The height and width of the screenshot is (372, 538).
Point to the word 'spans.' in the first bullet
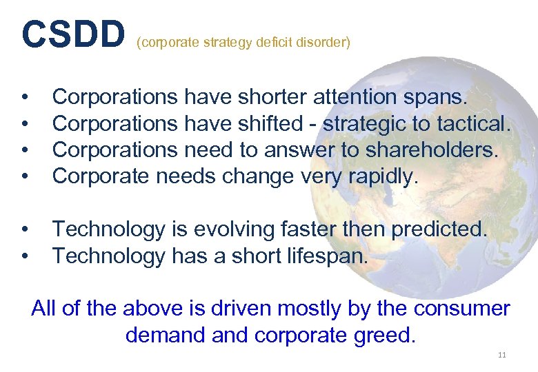(438, 98)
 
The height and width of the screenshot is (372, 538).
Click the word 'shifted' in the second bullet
(270, 124)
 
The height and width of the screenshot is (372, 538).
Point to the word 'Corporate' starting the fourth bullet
(101, 177)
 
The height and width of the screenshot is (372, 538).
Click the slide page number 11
(501, 355)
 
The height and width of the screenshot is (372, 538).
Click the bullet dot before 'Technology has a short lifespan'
(24, 256)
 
